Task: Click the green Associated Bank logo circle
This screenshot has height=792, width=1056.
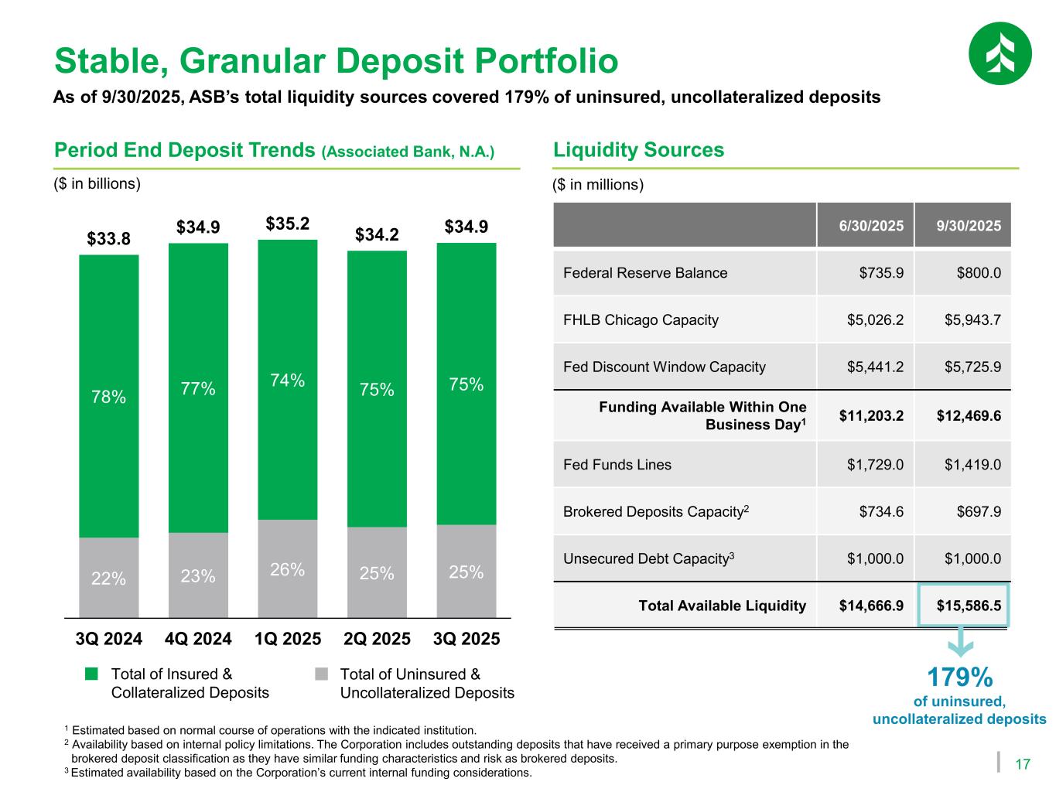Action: pyautogui.click(x=1000, y=53)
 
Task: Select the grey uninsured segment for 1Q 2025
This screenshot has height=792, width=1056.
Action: pyautogui.click(x=287, y=568)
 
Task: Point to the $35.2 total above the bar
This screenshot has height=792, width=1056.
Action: pyautogui.click(x=288, y=224)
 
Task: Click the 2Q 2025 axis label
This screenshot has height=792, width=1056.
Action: pyautogui.click(x=377, y=640)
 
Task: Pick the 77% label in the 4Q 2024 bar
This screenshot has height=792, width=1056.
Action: pyautogui.click(x=198, y=388)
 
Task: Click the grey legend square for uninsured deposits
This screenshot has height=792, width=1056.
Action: pyautogui.click(x=321, y=674)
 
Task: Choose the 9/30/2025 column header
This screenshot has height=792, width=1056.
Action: pyautogui.click(x=963, y=226)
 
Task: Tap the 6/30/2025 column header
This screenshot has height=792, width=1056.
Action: pyautogui.click(x=866, y=226)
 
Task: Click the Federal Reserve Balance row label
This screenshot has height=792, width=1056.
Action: pyautogui.click(x=645, y=273)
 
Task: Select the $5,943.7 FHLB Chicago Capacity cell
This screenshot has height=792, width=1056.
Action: pyautogui.click(x=963, y=320)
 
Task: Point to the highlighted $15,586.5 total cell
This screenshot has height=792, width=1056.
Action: pyautogui.click(x=964, y=606)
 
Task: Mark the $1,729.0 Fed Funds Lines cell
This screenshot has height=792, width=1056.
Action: pyautogui.click(x=866, y=465)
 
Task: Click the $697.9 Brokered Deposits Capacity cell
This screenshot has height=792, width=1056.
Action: pyautogui.click(x=963, y=512)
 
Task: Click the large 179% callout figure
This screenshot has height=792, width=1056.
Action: pyautogui.click(x=959, y=678)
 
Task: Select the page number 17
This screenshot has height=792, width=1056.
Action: pyautogui.click(x=1022, y=765)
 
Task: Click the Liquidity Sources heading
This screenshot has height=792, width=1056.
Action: pyautogui.click(x=639, y=150)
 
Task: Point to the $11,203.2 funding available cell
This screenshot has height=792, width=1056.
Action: pyautogui.click(x=866, y=416)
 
